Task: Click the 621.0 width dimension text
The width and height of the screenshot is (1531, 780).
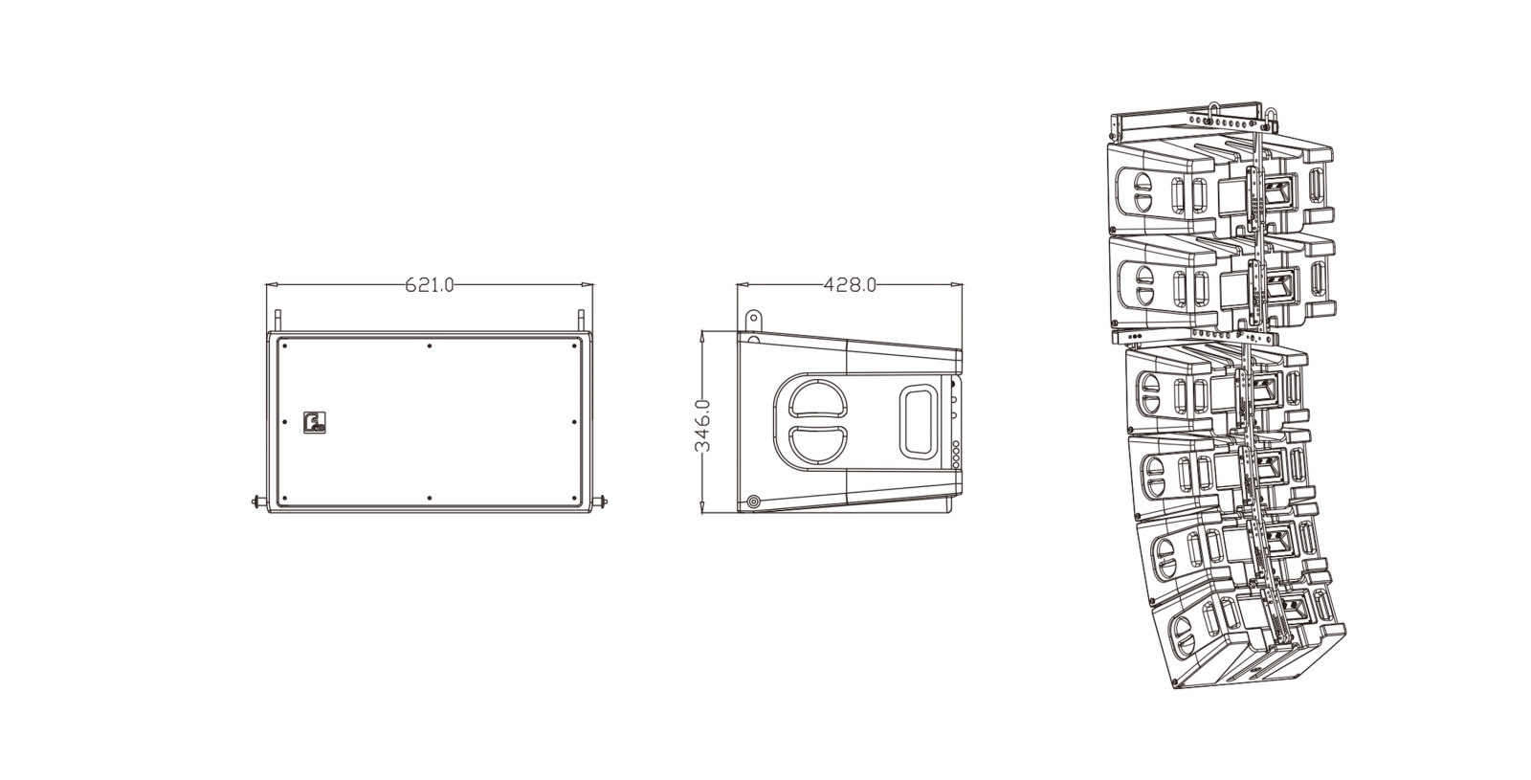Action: tap(430, 284)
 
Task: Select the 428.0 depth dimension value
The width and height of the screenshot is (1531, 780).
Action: tap(850, 284)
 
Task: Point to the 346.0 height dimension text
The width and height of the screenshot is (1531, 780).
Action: tap(702, 425)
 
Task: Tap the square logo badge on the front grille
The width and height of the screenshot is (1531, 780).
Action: tap(315, 422)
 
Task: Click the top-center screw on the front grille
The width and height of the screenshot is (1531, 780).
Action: tap(430, 345)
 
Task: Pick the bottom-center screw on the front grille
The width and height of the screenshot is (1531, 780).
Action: tap(430, 499)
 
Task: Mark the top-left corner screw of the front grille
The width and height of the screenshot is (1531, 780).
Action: tap(284, 345)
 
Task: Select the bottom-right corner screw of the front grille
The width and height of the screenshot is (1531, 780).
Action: tap(574, 499)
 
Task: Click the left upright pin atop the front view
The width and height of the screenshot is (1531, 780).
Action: tap(277, 321)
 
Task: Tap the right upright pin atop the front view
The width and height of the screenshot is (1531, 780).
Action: tap(581, 321)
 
